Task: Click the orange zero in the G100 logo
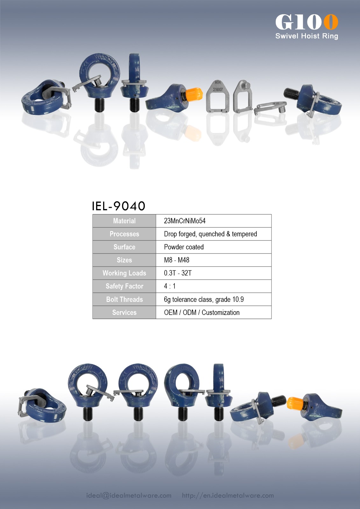coord(331,22)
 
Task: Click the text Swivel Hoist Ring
coord(307,36)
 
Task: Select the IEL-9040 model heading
coord(118,206)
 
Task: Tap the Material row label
coord(124,221)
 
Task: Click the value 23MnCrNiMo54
coord(185,221)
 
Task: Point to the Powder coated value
coord(184,247)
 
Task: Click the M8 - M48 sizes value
coord(177,260)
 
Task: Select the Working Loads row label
coord(124,273)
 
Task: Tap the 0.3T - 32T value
coord(178,273)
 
